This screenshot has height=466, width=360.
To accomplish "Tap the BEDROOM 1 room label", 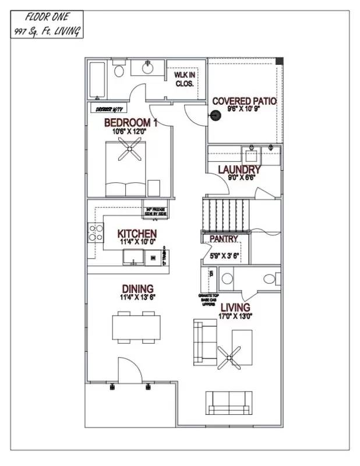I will [130, 123].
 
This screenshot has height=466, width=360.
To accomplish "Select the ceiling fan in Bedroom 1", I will [128, 153].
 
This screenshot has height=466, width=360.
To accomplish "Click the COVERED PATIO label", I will [243, 101].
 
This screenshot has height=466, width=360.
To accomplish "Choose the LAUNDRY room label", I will [239, 170].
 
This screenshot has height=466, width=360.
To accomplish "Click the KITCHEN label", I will [136, 234].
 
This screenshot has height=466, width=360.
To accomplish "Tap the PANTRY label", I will [224, 239].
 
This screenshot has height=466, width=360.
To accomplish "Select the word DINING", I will [137, 289].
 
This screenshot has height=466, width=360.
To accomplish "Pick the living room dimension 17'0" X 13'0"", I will [235, 316].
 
